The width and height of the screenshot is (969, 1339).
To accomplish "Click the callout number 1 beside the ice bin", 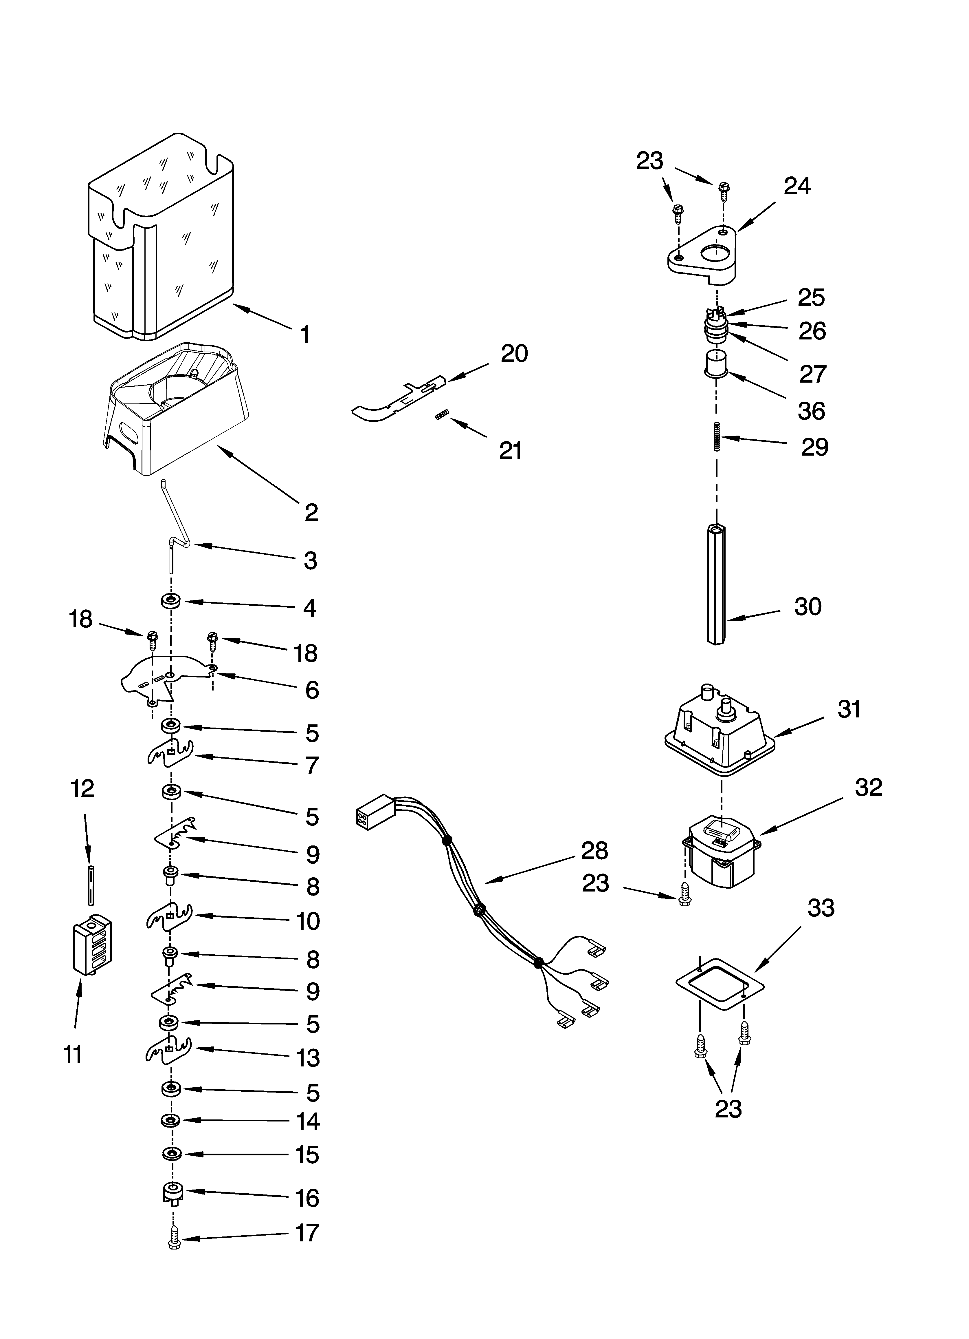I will (x=304, y=335).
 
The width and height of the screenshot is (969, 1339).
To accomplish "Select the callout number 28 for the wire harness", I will (x=594, y=851).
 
